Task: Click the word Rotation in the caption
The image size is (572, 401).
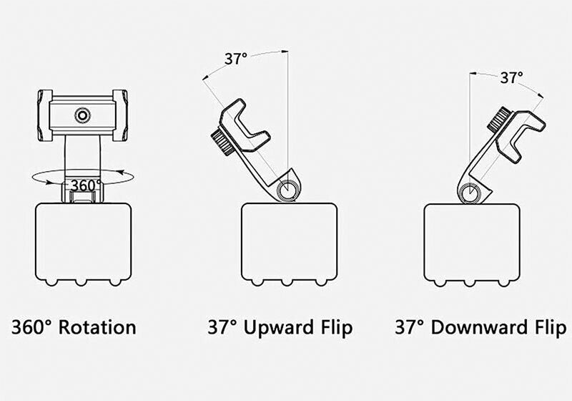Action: [x=97, y=327]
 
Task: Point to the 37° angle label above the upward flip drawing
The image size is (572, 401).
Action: [x=236, y=59]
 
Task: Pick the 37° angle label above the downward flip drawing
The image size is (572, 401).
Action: [x=511, y=78]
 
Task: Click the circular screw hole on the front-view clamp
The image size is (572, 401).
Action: [x=83, y=115]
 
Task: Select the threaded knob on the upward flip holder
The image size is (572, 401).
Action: [x=222, y=142]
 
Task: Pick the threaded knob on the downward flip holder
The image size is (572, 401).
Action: [x=499, y=120]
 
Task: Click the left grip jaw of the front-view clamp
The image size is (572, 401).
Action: [x=45, y=115]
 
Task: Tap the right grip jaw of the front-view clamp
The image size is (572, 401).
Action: [x=120, y=115]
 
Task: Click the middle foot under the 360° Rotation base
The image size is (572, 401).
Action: [x=81, y=282]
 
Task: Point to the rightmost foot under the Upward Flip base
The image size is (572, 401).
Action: [x=320, y=282]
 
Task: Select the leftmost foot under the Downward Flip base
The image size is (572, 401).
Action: [x=440, y=282]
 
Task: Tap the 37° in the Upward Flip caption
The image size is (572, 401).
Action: [x=222, y=327]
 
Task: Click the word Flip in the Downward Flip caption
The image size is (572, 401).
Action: [x=551, y=327]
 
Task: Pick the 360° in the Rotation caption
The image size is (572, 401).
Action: [x=32, y=327]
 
